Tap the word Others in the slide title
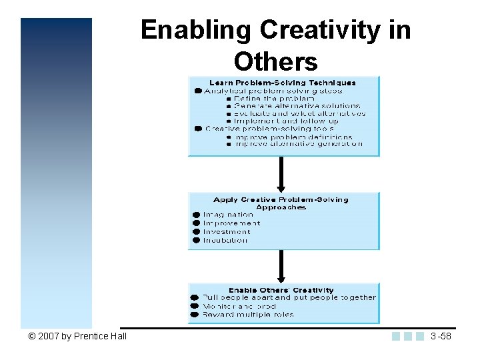click(275, 61)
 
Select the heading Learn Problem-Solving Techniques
click(283, 83)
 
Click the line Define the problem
click(274, 98)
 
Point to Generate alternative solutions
click(297, 106)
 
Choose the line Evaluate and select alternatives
click(299, 113)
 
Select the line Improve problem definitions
click(293, 136)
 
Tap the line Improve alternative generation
click(298, 143)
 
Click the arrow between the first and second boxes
click(281, 175)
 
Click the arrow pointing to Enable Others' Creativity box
click(281, 267)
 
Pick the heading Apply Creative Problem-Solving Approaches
click(281, 203)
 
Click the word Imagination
click(228, 215)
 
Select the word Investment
click(227, 232)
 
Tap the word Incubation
click(225, 240)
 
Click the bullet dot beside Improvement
click(197, 223)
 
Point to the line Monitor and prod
click(229, 306)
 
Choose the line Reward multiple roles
click(247, 314)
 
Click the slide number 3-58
click(441, 336)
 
